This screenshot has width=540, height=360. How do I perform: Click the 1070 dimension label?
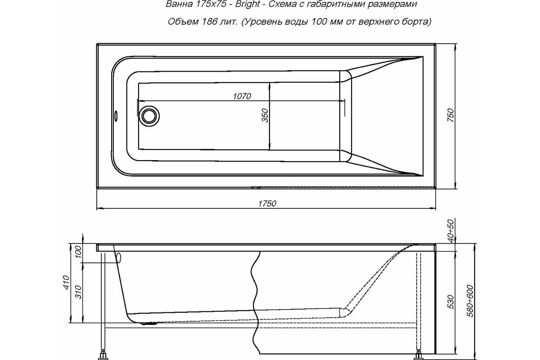click(x=242, y=96)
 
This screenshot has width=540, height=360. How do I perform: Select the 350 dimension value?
click(x=265, y=116)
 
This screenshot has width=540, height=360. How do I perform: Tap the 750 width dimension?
click(x=450, y=116)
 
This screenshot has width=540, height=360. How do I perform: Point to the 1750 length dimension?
click(x=267, y=204)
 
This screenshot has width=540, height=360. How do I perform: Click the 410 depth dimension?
click(x=66, y=282)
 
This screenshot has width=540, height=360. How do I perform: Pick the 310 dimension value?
click(x=79, y=292)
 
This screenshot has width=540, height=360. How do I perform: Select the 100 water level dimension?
click(x=79, y=252)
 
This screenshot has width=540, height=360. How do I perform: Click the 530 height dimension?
click(x=450, y=301)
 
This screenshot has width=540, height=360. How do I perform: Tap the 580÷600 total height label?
click(x=470, y=301)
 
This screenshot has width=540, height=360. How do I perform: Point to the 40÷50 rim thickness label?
click(x=450, y=231)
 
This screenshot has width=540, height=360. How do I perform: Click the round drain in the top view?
click(x=149, y=116)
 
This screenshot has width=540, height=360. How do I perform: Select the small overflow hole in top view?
click(x=116, y=116)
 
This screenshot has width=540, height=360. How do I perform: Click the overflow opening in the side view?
click(x=119, y=258)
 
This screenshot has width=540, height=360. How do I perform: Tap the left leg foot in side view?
click(x=103, y=356)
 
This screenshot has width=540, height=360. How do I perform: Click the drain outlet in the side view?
click(x=149, y=324)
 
